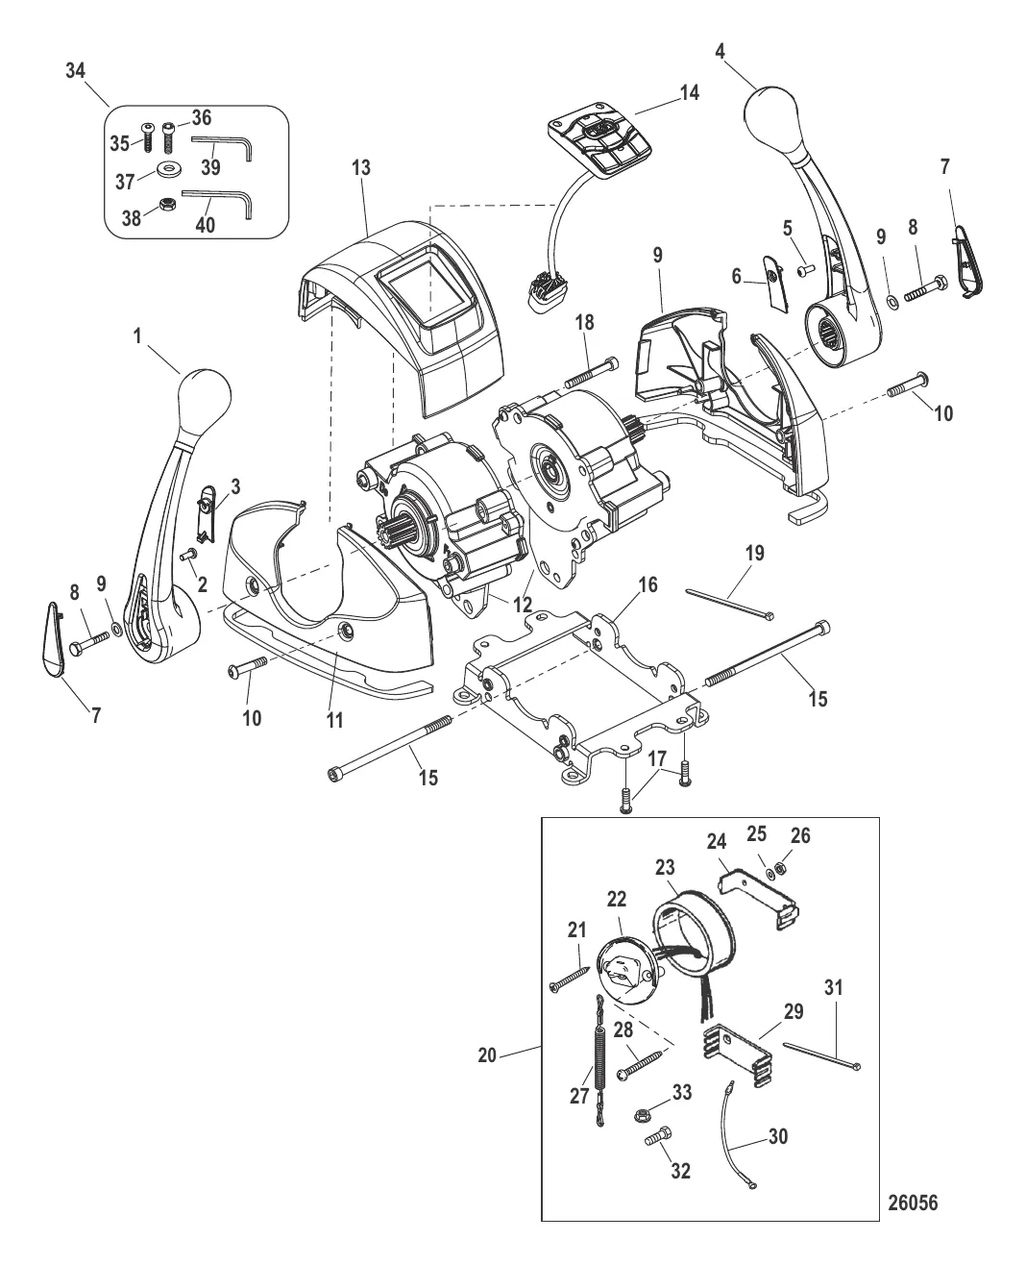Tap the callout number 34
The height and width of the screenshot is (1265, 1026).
coord(75,71)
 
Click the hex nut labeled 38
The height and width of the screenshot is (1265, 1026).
coord(166,206)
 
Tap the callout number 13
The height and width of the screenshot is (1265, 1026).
coord(361,168)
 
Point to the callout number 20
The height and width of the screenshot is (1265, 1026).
coord(487,1054)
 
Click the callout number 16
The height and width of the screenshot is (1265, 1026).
coord(647,585)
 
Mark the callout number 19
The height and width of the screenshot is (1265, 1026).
coord(754,554)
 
